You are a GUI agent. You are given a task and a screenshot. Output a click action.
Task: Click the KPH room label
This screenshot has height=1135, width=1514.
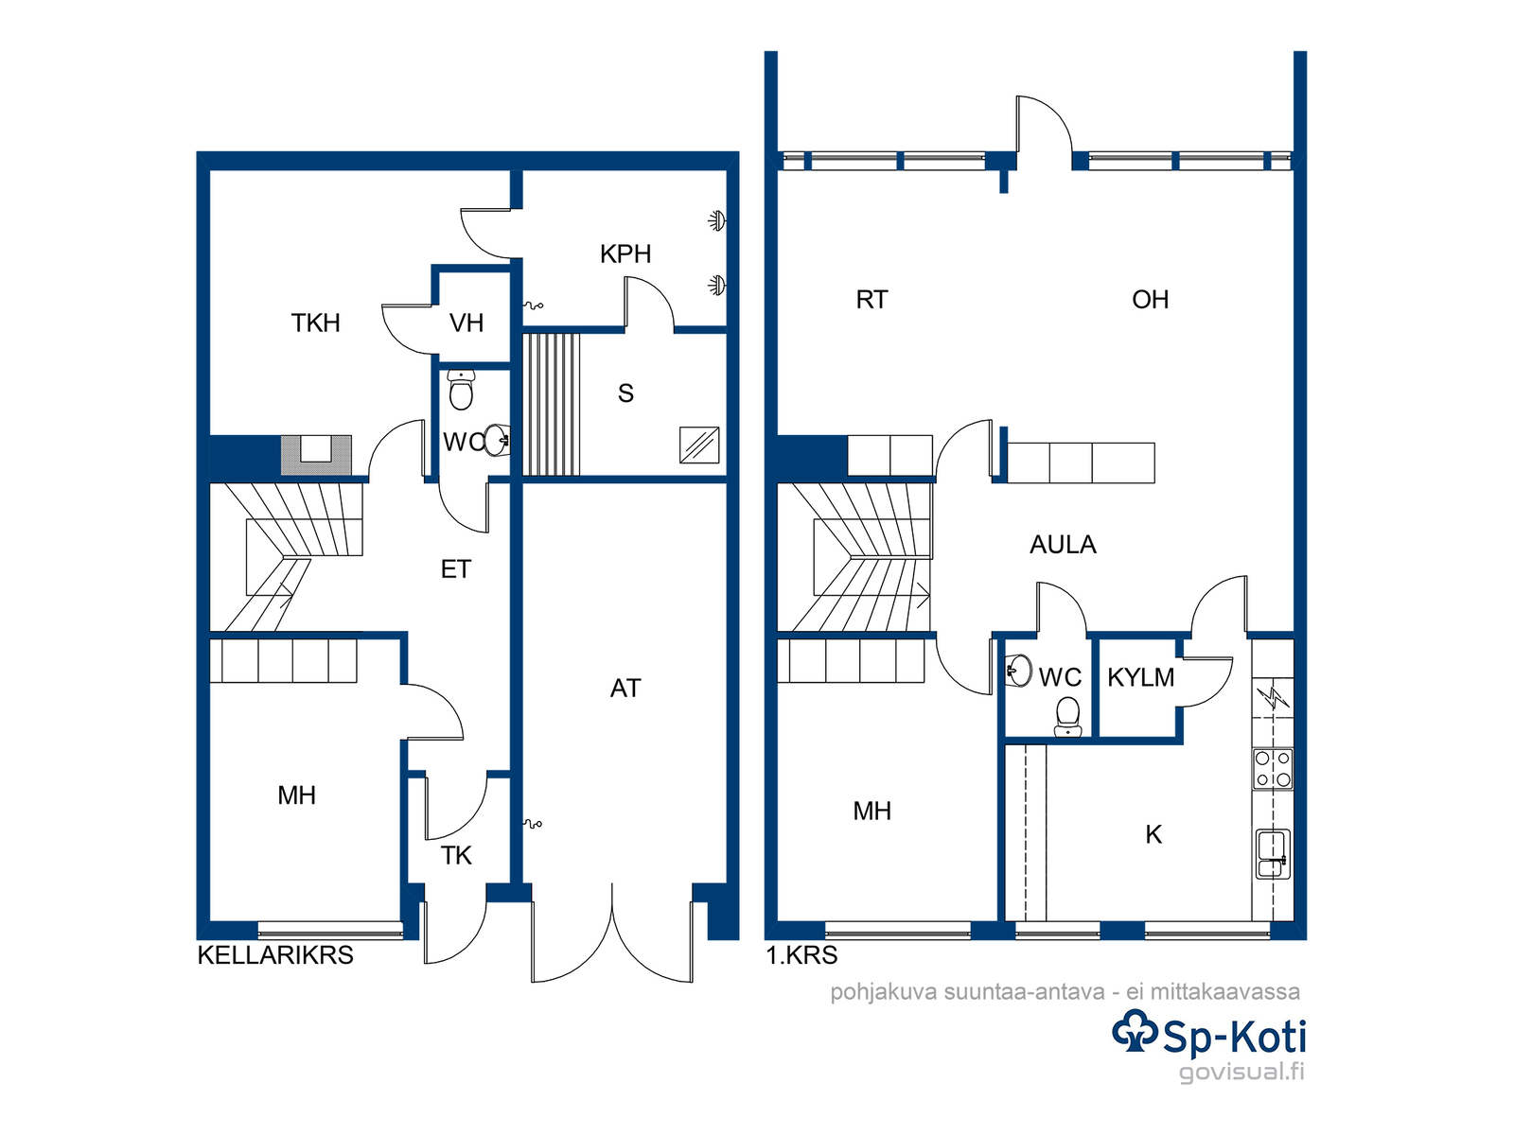(625, 254)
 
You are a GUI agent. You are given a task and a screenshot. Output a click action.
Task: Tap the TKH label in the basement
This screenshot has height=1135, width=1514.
(315, 323)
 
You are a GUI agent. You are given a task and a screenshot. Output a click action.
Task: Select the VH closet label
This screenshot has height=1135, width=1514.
(467, 323)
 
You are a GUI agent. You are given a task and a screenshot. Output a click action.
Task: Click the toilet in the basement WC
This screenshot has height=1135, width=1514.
(461, 390)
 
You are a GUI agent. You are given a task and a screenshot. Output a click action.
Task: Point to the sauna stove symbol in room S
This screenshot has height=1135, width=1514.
(698, 445)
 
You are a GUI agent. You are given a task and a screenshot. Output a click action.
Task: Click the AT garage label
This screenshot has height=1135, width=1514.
(625, 689)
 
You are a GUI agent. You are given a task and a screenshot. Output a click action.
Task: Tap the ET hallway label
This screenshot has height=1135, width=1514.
(456, 569)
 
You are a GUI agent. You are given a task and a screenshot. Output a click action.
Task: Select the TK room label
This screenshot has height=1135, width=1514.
(456, 855)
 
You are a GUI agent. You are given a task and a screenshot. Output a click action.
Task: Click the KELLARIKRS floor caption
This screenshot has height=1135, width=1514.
(275, 955)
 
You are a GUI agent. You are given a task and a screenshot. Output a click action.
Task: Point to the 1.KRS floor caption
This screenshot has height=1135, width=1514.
(801, 955)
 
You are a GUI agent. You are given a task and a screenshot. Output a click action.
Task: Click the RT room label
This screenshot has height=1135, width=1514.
(871, 300)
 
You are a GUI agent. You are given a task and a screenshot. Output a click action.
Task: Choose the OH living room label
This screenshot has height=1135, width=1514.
(1150, 300)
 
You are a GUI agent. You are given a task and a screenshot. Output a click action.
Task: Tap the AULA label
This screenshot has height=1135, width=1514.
(1063, 545)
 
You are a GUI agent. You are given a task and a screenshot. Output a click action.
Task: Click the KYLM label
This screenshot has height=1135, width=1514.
(1141, 678)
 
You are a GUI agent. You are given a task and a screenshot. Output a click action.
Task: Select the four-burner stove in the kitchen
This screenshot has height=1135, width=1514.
(1273, 768)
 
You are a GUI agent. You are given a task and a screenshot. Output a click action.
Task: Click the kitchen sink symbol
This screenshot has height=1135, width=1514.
(1273, 854)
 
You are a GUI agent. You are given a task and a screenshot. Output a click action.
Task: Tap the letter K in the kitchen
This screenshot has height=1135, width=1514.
(1153, 834)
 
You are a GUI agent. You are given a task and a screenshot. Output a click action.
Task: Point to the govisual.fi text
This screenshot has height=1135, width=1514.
(1241, 1072)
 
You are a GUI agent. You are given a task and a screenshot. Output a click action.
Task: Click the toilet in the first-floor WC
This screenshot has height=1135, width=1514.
(1067, 716)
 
